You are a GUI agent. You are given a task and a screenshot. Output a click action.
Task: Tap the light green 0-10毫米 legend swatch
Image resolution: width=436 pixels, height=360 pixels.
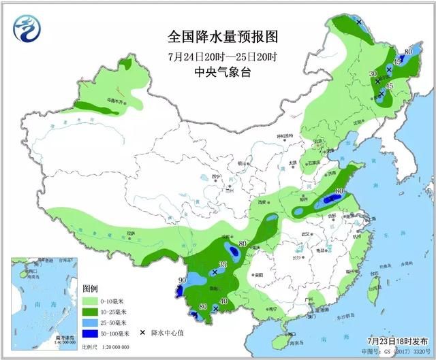click(91, 299)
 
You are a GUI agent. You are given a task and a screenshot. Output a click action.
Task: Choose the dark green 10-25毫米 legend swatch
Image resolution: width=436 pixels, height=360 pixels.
click(91, 311)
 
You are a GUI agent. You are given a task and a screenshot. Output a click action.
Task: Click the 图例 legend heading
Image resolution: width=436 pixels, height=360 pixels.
click(91, 288)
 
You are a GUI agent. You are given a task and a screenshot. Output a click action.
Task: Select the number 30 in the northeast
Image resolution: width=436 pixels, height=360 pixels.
click(372, 73)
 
